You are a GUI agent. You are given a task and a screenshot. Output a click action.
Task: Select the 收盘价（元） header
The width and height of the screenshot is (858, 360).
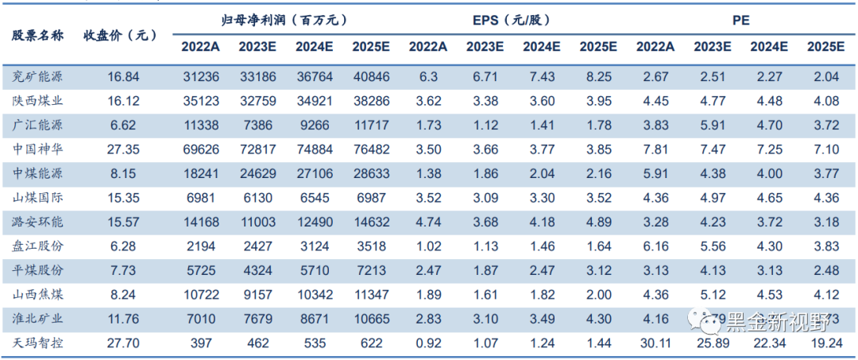(121, 35)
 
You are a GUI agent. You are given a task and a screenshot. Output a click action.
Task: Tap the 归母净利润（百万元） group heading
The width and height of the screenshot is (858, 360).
(284, 20)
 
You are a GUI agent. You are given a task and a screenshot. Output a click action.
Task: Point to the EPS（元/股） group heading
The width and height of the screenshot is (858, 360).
(512, 20)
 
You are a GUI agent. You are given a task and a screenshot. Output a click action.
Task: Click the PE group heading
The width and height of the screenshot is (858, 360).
(740, 20)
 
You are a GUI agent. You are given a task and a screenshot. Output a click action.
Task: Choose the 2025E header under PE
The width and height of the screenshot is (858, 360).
(825, 46)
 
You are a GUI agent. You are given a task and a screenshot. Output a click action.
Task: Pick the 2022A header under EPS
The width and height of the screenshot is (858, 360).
(428, 46)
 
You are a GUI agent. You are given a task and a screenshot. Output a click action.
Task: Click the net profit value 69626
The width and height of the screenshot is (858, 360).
(200, 149)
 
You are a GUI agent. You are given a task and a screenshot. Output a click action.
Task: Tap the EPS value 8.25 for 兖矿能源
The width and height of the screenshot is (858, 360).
(598, 77)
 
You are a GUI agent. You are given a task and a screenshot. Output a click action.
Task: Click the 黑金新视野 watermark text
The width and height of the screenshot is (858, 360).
(771, 319)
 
